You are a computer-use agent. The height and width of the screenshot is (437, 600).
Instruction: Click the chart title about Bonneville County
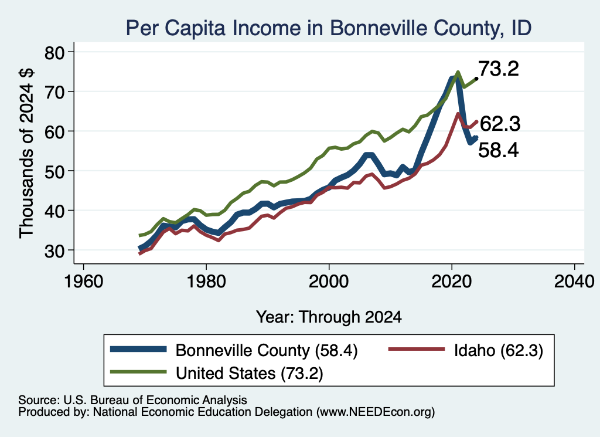pos(329,28)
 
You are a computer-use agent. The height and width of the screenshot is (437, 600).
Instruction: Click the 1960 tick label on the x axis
pos(83,282)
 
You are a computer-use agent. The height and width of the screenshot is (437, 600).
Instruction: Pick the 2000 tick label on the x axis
pos(329,282)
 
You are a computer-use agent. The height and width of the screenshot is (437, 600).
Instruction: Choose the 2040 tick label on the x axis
pos(574,282)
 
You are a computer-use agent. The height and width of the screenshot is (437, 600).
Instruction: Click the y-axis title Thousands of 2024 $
pos(27,154)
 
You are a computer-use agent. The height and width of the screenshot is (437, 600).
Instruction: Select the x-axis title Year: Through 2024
pos(329,317)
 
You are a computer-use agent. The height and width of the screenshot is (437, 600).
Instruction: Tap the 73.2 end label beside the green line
pos(499,69)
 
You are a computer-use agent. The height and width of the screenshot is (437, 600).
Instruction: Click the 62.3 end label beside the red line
pos(500,124)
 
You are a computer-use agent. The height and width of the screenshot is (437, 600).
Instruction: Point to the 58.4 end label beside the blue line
pos(499,150)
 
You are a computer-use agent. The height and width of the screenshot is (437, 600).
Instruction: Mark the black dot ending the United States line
pos(476,79)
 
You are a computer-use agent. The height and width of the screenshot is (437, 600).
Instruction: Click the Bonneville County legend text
pos(267,350)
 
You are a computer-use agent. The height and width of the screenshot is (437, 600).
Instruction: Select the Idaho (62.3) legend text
pos(499,350)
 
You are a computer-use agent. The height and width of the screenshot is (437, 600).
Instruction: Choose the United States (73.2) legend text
pos(250,373)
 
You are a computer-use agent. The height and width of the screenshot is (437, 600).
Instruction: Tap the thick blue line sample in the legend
pos(138,349)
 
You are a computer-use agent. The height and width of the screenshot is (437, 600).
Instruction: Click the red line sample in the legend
pos(417,349)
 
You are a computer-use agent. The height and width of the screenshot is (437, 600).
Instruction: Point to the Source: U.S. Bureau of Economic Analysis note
pos(132,400)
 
